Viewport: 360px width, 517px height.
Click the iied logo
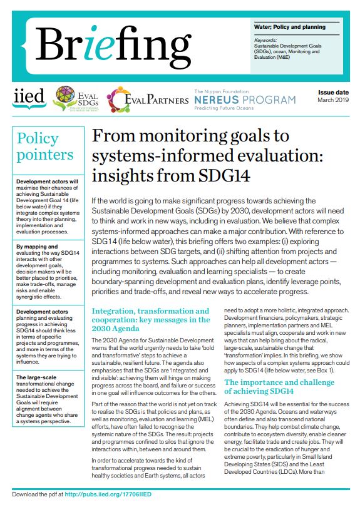(x=28, y=97)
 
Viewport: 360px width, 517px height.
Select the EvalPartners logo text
(x=149, y=99)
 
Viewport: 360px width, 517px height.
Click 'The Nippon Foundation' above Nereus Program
(x=220, y=91)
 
